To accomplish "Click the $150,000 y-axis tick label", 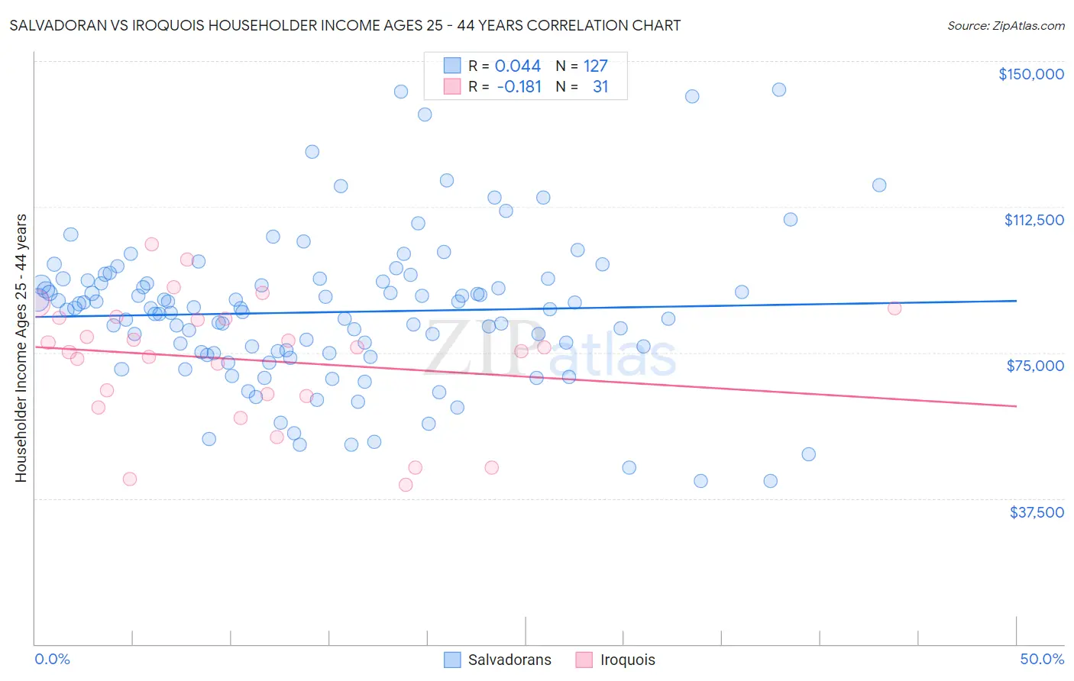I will click(1030, 74).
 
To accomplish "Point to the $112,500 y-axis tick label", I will click(1034, 220).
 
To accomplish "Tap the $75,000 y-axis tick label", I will click(1035, 366).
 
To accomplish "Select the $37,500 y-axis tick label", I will click(1037, 512).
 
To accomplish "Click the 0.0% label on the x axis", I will click(52, 659).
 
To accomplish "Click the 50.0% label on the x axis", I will click(1042, 659).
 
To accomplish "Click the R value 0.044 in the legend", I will click(517, 66).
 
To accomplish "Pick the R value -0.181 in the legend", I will click(519, 87).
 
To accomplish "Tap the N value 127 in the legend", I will click(595, 66).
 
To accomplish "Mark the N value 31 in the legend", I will click(600, 87).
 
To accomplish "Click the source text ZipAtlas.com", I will click(1005, 25).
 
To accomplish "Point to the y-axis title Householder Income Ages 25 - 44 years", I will click(21, 348).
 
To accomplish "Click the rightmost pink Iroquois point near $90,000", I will click(894, 308).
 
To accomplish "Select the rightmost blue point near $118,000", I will click(878, 185).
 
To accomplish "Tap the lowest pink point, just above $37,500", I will click(405, 485).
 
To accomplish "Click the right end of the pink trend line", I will click(1016, 406).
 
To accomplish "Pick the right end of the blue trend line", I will click(1016, 301).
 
